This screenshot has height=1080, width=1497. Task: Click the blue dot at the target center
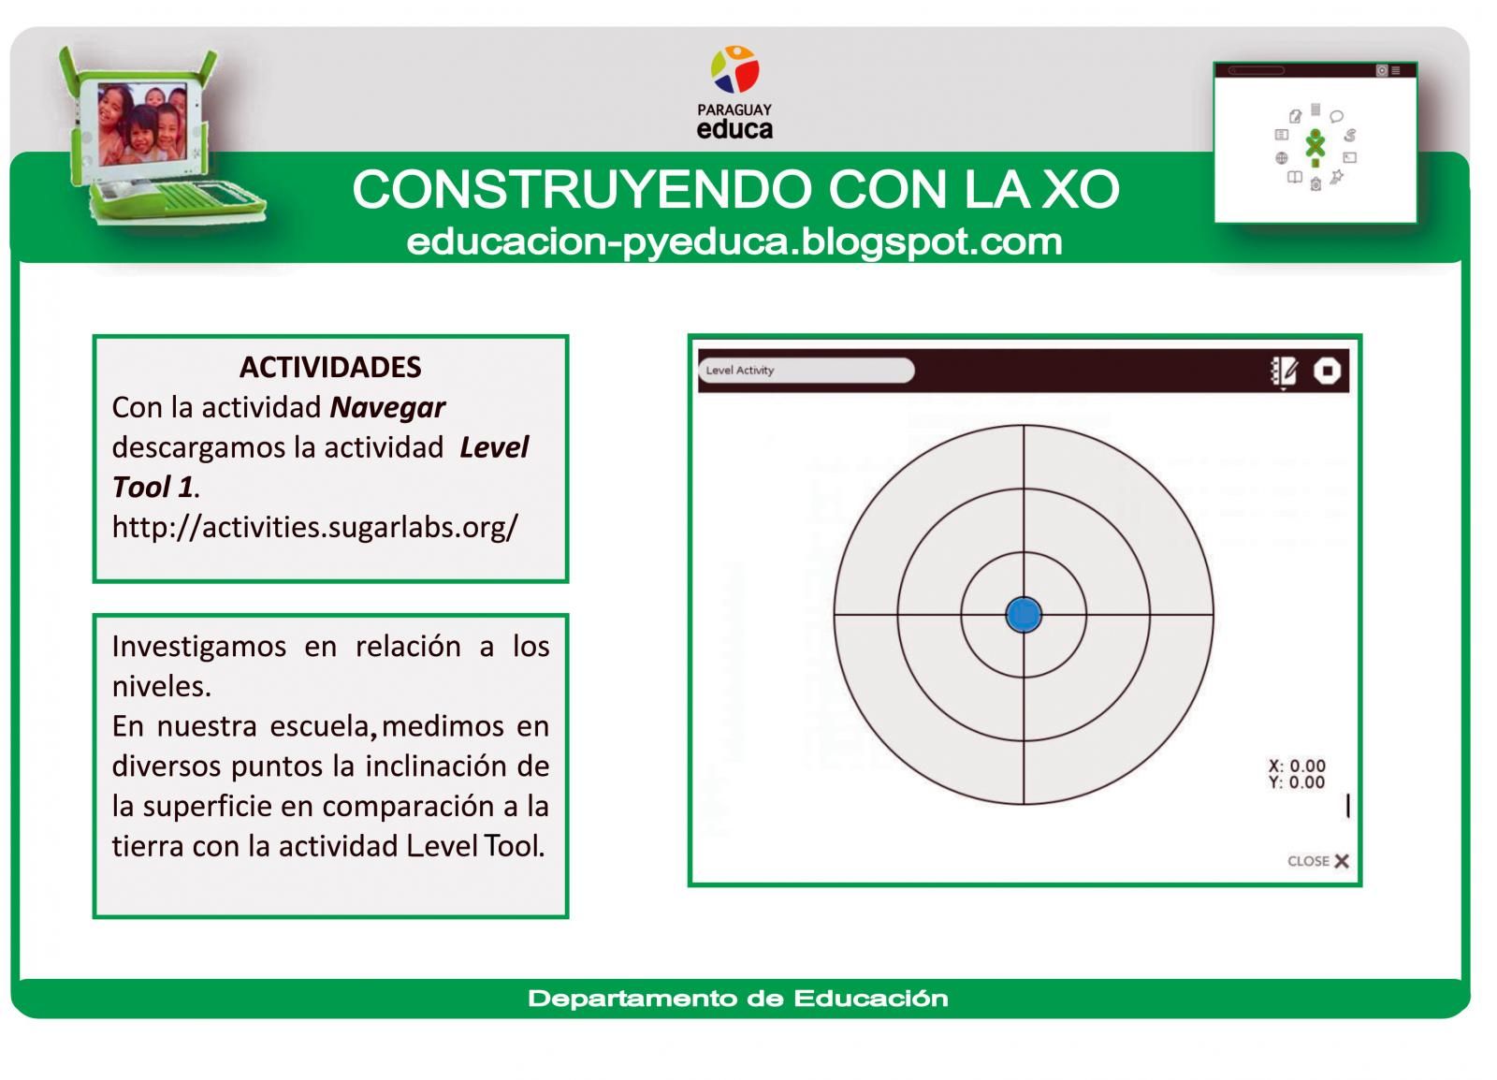pyautogui.click(x=1024, y=615)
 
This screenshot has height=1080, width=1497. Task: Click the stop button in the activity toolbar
pyautogui.click(x=1327, y=371)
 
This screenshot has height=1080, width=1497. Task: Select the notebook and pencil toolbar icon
pyautogui.click(x=1283, y=371)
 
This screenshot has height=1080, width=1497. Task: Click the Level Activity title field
pyautogui.click(x=806, y=371)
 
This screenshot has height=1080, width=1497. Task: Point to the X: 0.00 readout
pyautogui.click(x=1297, y=766)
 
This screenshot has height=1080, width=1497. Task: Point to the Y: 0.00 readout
pyautogui.click(x=1297, y=782)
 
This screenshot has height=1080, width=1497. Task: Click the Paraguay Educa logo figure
pyautogui.click(x=734, y=70)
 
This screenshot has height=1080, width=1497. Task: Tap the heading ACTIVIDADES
pyautogui.click(x=330, y=367)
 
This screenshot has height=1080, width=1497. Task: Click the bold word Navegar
pyautogui.click(x=387, y=407)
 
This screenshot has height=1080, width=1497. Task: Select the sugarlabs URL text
pyautogui.click(x=314, y=527)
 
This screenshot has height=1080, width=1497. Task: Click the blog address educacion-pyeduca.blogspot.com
pyautogui.click(x=734, y=241)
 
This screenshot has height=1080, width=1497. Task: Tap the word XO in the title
pyautogui.click(x=1080, y=189)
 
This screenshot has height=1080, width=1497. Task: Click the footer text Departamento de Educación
pyautogui.click(x=737, y=999)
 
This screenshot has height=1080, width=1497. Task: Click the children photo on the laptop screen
pyautogui.click(x=142, y=123)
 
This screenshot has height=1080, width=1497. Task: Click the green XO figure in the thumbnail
pyautogui.click(x=1315, y=145)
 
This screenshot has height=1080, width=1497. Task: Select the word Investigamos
pyautogui.click(x=198, y=647)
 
